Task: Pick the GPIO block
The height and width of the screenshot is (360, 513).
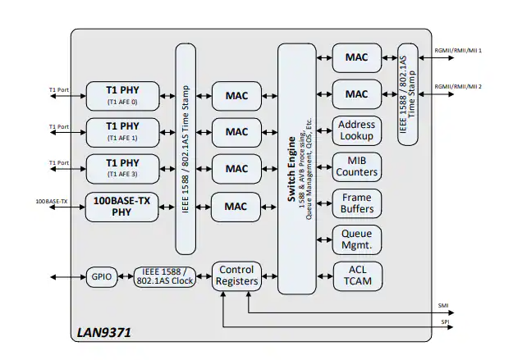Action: (x=103, y=276)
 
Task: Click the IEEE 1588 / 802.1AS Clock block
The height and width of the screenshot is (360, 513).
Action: (x=167, y=276)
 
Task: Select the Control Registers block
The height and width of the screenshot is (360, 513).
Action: (x=236, y=276)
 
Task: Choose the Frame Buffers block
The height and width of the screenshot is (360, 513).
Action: (x=356, y=203)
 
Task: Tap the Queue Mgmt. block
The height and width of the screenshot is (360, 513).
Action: (x=356, y=239)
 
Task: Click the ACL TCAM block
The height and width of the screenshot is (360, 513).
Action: (x=356, y=276)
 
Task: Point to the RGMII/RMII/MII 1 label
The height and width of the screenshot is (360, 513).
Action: (x=458, y=51)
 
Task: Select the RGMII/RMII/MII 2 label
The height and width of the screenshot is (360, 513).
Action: (x=458, y=86)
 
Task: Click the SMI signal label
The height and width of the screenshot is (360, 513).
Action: (x=444, y=305)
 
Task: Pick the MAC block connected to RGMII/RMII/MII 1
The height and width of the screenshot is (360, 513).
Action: (x=356, y=57)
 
